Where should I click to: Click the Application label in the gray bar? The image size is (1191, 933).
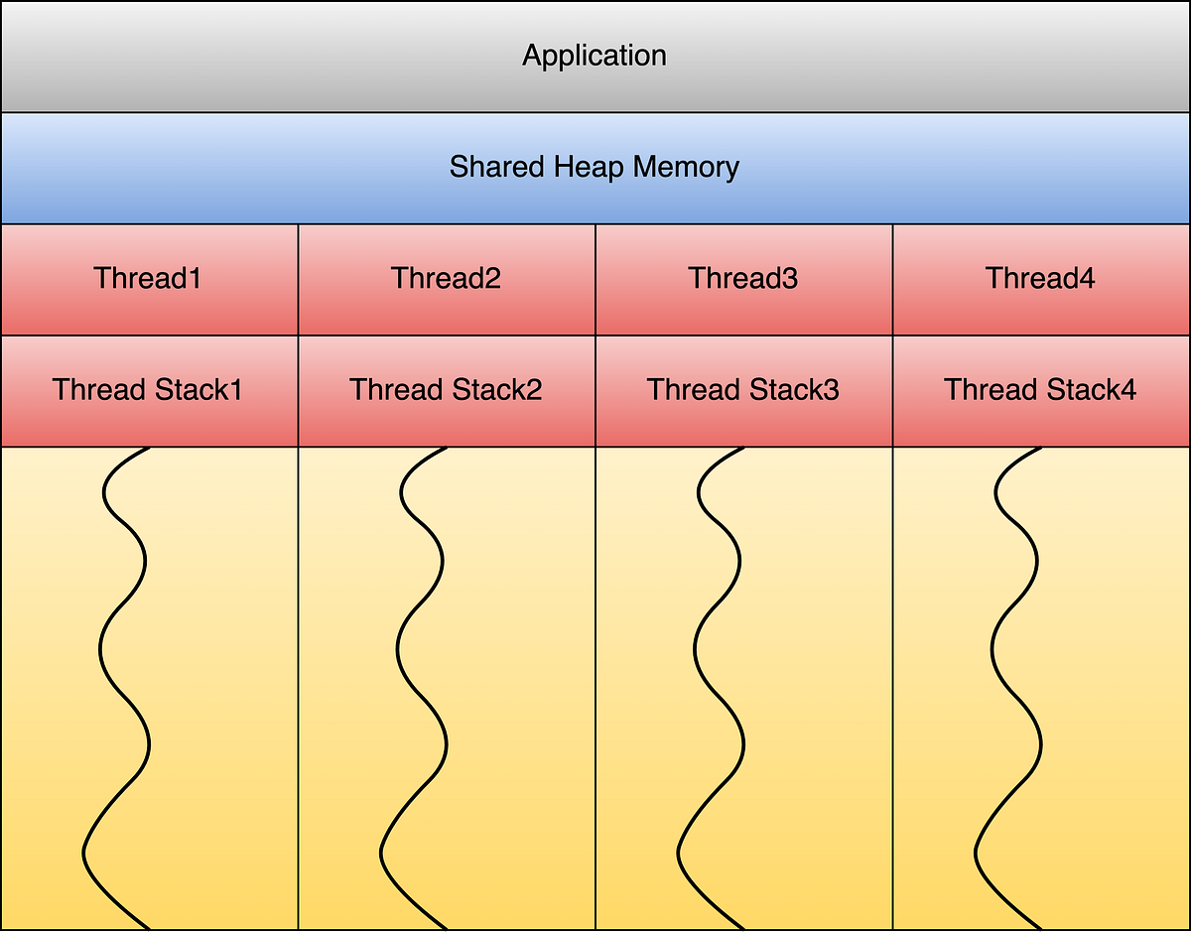[595, 56]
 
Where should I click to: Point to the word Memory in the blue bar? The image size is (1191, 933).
[686, 167]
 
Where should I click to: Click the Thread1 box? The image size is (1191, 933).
[149, 279]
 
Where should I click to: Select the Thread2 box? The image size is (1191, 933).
[447, 279]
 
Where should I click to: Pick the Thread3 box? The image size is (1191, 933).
[743, 279]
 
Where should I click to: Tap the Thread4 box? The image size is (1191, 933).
[1041, 279]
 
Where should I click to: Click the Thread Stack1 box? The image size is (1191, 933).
[149, 390]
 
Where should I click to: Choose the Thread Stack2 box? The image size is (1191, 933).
[447, 390]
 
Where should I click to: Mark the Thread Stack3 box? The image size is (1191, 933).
[743, 390]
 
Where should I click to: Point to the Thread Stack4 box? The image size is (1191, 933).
[1041, 390]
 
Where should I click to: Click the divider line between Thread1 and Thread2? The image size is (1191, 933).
[298, 280]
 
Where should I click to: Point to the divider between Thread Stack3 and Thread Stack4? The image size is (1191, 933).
[893, 391]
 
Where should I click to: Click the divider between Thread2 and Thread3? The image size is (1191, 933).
[595, 280]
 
